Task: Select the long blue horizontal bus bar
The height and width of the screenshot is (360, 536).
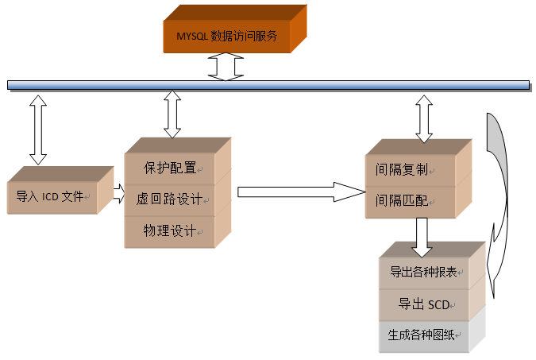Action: pos(268,84)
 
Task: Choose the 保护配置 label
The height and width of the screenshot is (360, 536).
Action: pos(169,168)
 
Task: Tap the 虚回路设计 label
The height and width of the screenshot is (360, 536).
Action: pos(169,199)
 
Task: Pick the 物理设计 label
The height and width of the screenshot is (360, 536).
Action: pos(169,230)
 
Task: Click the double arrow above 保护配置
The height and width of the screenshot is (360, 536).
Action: pos(172,114)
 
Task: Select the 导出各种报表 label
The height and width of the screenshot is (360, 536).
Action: pos(423,272)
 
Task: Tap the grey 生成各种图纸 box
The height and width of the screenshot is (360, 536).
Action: pos(421,335)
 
